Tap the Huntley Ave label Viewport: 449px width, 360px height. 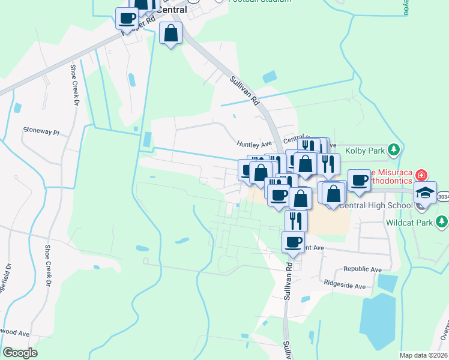click(x=255, y=144)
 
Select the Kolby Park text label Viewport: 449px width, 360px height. click(x=366, y=151)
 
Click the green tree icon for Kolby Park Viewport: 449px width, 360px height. click(x=394, y=149)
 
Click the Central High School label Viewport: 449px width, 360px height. click(x=376, y=206)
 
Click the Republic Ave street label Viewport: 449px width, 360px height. click(x=362, y=269)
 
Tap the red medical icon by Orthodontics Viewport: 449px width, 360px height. click(x=421, y=175)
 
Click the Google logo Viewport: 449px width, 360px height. click(x=20, y=353)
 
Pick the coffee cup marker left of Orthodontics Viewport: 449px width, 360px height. click(x=359, y=180)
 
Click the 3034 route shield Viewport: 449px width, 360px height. click(x=443, y=196)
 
